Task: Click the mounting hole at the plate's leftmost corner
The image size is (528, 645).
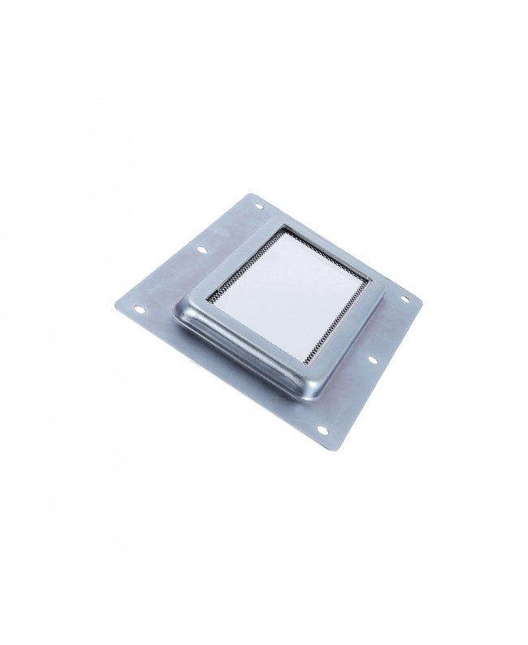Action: (140, 308)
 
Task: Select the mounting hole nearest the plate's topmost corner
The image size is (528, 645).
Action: (259, 206)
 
